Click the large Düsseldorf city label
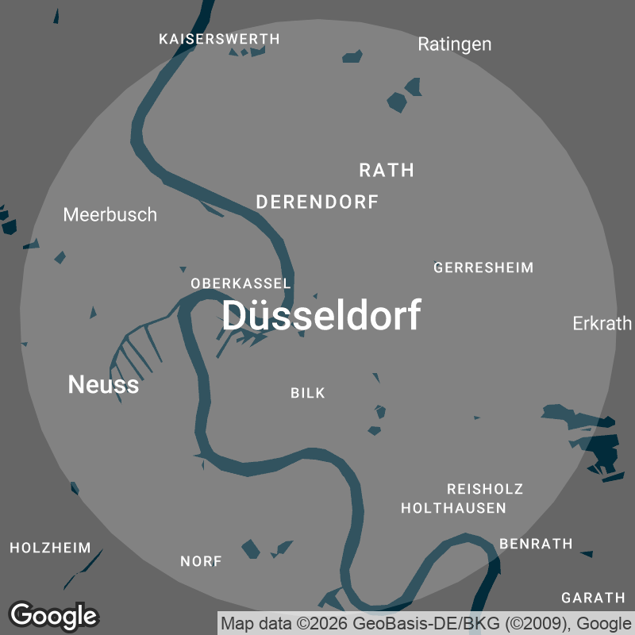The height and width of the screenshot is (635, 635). tap(321, 316)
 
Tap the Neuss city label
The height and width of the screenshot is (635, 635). tap(103, 385)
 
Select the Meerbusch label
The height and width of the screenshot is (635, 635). tap(110, 214)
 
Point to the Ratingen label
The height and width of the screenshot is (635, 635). tap(455, 44)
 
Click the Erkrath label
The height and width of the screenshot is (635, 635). tap(602, 323)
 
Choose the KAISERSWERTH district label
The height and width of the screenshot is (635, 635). tap(219, 39)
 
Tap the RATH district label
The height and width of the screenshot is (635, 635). tap(387, 170)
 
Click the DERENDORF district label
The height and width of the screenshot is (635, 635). tap(317, 202)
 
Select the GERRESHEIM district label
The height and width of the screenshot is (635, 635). tap(483, 267)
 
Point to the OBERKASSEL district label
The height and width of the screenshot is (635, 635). tap(241, 283)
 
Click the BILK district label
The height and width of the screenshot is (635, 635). tap(308, 393)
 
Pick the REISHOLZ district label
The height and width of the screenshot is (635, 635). tap(485, 489)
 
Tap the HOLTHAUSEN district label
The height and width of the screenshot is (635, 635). tap(453, 508)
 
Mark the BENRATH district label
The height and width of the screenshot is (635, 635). tap(536, 544)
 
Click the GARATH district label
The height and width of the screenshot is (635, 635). tap(594, 598)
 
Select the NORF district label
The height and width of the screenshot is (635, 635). tap(201, 561)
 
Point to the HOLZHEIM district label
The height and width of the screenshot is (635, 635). tap(50, 548)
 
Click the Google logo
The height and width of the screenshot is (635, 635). tap(53, 615)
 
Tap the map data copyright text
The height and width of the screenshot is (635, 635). tap(426, 622)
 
